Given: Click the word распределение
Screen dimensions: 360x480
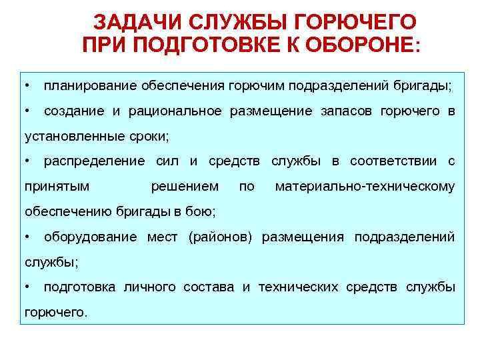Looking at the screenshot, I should [94, 162].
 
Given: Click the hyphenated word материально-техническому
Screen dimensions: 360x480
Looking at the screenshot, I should [365, 187].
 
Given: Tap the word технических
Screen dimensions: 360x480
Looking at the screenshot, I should [299, 287].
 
